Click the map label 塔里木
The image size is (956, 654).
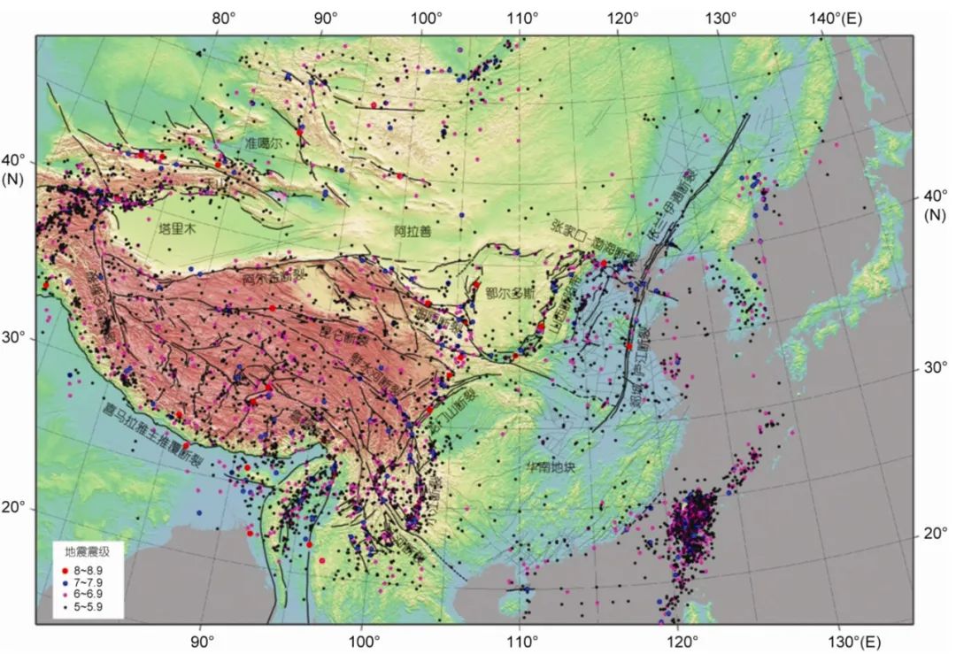[176, 228]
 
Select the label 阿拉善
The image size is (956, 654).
[412, 231]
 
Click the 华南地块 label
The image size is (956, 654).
[550, 465]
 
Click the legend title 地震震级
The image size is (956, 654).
[85, 550]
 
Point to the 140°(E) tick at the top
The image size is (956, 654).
[840, 18]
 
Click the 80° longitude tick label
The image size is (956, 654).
[224, 18]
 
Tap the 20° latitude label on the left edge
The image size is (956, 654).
[18, 508]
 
